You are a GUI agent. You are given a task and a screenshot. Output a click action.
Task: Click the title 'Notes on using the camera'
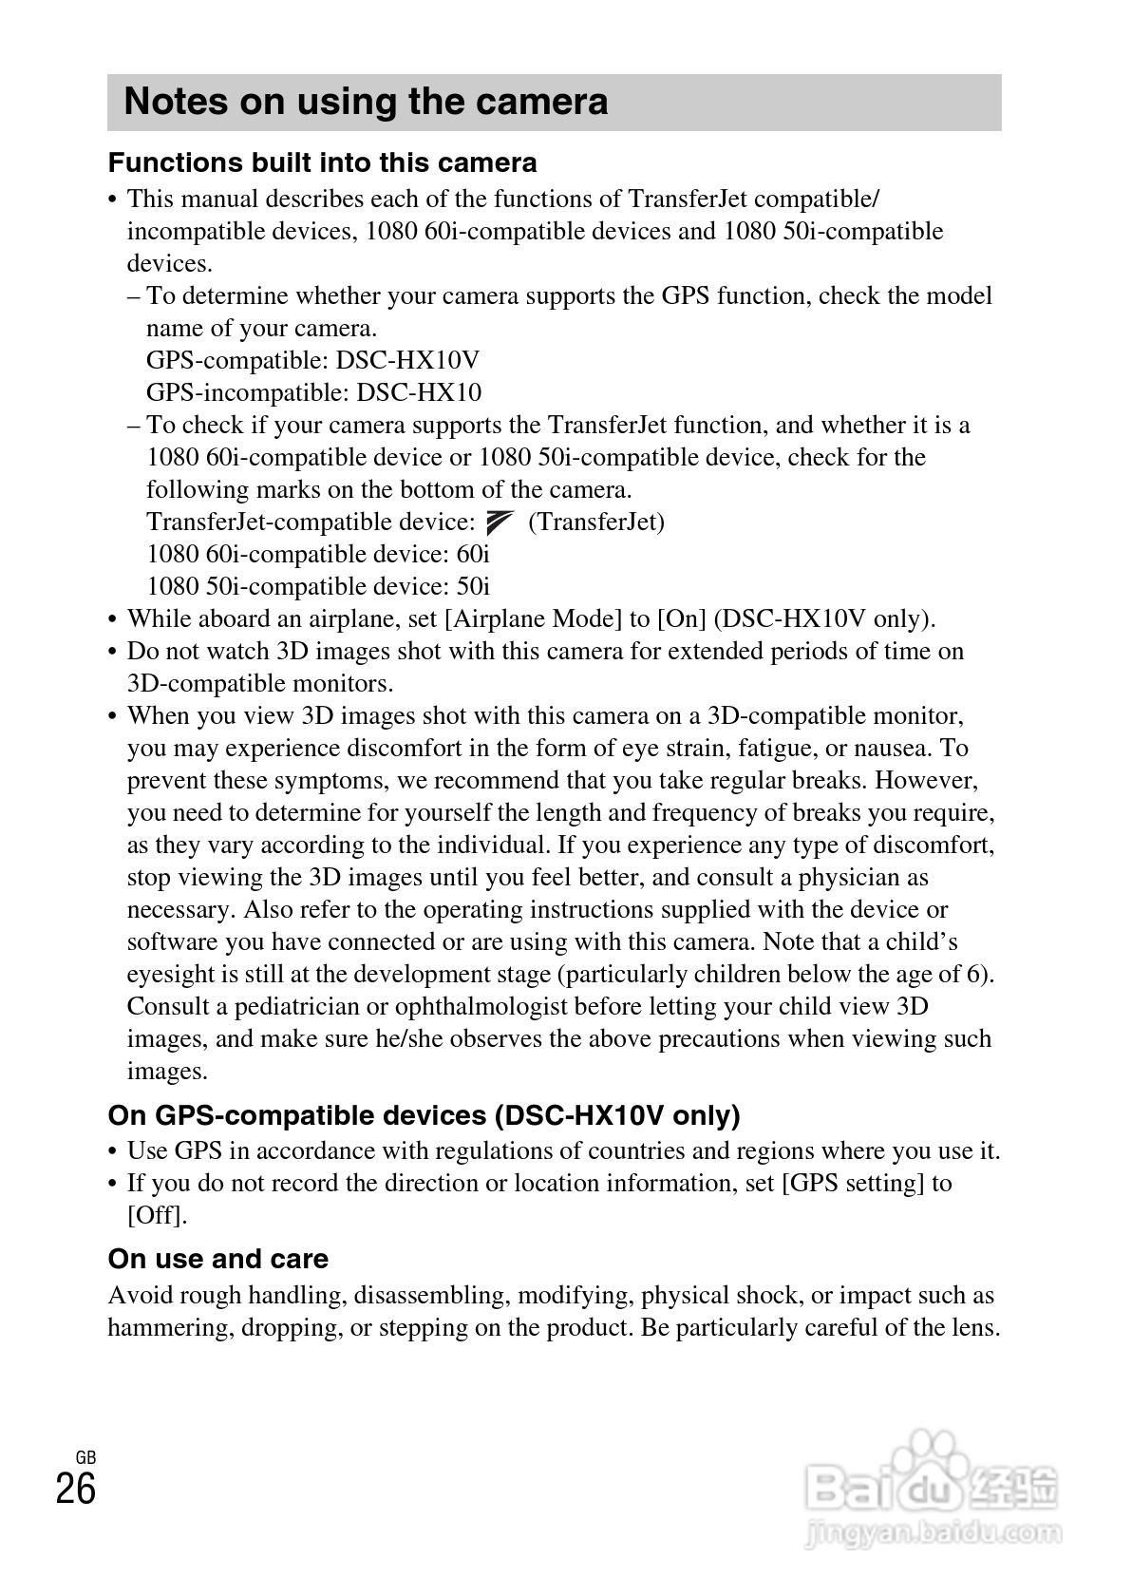point(366,102)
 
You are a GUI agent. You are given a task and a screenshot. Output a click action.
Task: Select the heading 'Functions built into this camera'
point(322,162)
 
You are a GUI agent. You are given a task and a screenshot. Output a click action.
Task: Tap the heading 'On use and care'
point(217,1259)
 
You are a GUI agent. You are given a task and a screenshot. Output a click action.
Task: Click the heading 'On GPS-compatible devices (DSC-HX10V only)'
point(424,1114)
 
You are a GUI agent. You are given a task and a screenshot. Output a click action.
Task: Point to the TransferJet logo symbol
point(500,522)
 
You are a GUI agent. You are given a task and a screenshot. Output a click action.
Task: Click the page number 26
point(76,1489)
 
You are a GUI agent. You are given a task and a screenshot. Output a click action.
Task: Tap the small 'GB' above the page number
point(85,1457)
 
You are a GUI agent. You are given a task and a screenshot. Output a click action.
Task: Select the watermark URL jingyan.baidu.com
point(932,1531)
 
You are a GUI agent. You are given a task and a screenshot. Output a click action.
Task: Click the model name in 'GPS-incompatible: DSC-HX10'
point(419,392)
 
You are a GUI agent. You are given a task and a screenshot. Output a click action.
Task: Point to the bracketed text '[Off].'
point(158,1215)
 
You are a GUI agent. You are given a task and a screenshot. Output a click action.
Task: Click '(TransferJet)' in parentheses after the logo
point(595,522)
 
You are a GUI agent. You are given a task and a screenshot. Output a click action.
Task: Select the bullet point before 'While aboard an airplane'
point(113,620)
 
